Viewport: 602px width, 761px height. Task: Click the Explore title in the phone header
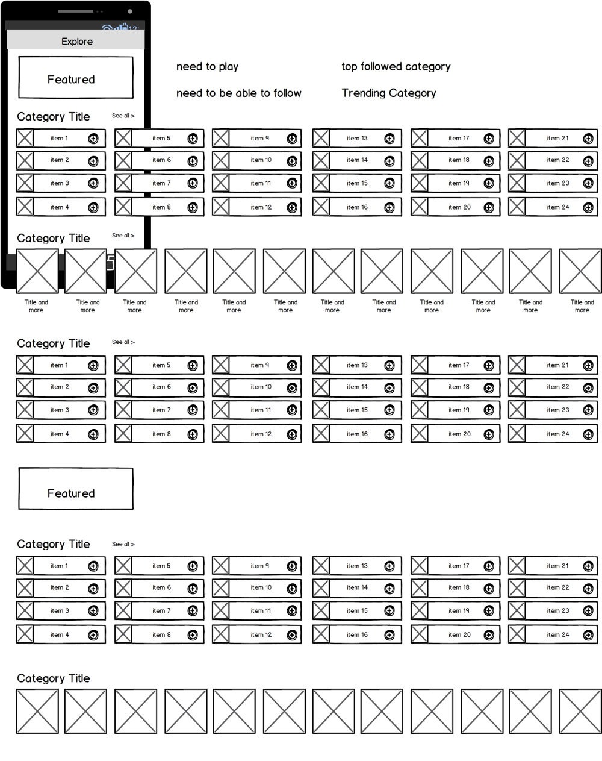(x=77, y=42)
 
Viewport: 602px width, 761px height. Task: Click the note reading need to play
(x=207, y=67)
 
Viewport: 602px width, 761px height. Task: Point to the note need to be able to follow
(x=238, y=93)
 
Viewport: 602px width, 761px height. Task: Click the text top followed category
(x=396, y=67)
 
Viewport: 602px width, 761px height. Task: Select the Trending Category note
(x=388, y=93)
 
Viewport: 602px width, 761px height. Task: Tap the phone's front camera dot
(x=130, y=11)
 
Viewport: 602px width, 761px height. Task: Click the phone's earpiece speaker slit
(x=75, y=11)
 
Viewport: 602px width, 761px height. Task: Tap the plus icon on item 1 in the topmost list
(x=93, y=139)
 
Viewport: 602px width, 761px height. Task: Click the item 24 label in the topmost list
(x=557, y=207)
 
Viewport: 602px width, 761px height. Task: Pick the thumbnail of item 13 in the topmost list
(x=321, y=139)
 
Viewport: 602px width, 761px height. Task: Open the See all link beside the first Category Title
(x=123, y=116)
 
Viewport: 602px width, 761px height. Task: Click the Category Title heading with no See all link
(x=54, y=678)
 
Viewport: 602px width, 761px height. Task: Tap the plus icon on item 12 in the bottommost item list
(x=292, y=635)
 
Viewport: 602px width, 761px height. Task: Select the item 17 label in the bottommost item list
(x=458, y=566)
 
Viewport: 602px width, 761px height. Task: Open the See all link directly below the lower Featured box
(x=123, y=544)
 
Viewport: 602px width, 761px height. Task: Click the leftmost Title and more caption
(x=36, y=306)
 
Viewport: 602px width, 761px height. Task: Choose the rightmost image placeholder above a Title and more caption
(x=580, y=271)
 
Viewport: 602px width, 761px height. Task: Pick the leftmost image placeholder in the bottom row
(x=37, y=712)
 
